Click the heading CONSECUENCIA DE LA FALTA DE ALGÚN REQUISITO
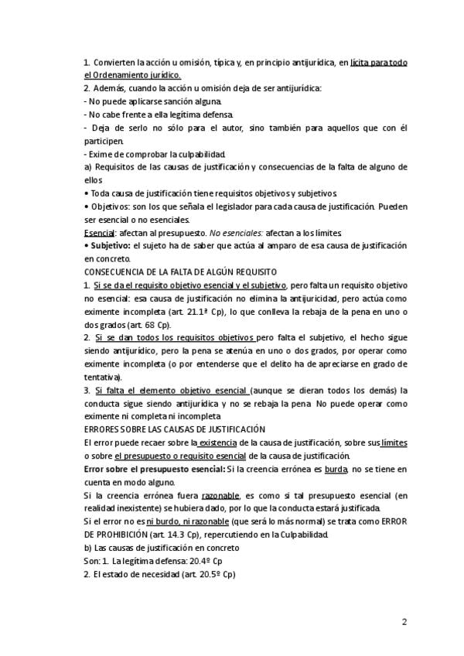[x=180, y=272]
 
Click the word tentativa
[x=101, y=376]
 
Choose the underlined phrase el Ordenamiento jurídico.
[x=132, y=74]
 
